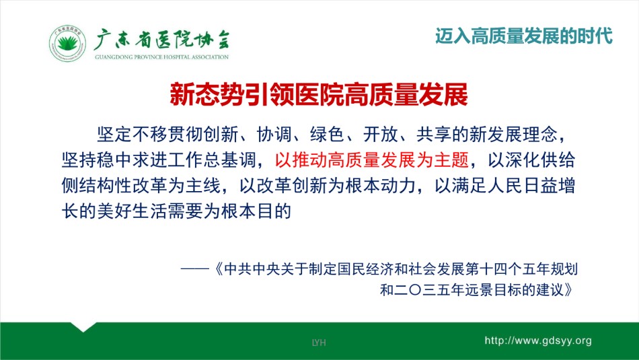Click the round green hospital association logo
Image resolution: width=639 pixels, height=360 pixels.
click(x=67, y=44)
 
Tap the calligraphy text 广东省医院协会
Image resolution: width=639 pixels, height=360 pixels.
click(x=162, y=40)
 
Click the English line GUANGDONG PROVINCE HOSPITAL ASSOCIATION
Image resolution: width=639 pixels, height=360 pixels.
click(x=162, y=57)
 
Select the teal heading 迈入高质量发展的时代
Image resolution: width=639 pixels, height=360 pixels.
click(x=524, y=36)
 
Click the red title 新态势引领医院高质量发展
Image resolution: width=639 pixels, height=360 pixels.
click(x=319, y=95)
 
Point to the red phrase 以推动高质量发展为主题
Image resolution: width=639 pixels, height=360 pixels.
click(x=372, y=160)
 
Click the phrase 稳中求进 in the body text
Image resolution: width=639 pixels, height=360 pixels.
click(x=133, y=160)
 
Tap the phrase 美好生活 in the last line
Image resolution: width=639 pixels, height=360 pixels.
click(x=133, y=211)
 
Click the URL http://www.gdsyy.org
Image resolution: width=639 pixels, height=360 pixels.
click(x=538, y=341)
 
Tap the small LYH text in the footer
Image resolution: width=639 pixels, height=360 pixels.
click(x=319, y=343)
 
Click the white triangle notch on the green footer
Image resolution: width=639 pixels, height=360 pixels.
click(x=83, y=326)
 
